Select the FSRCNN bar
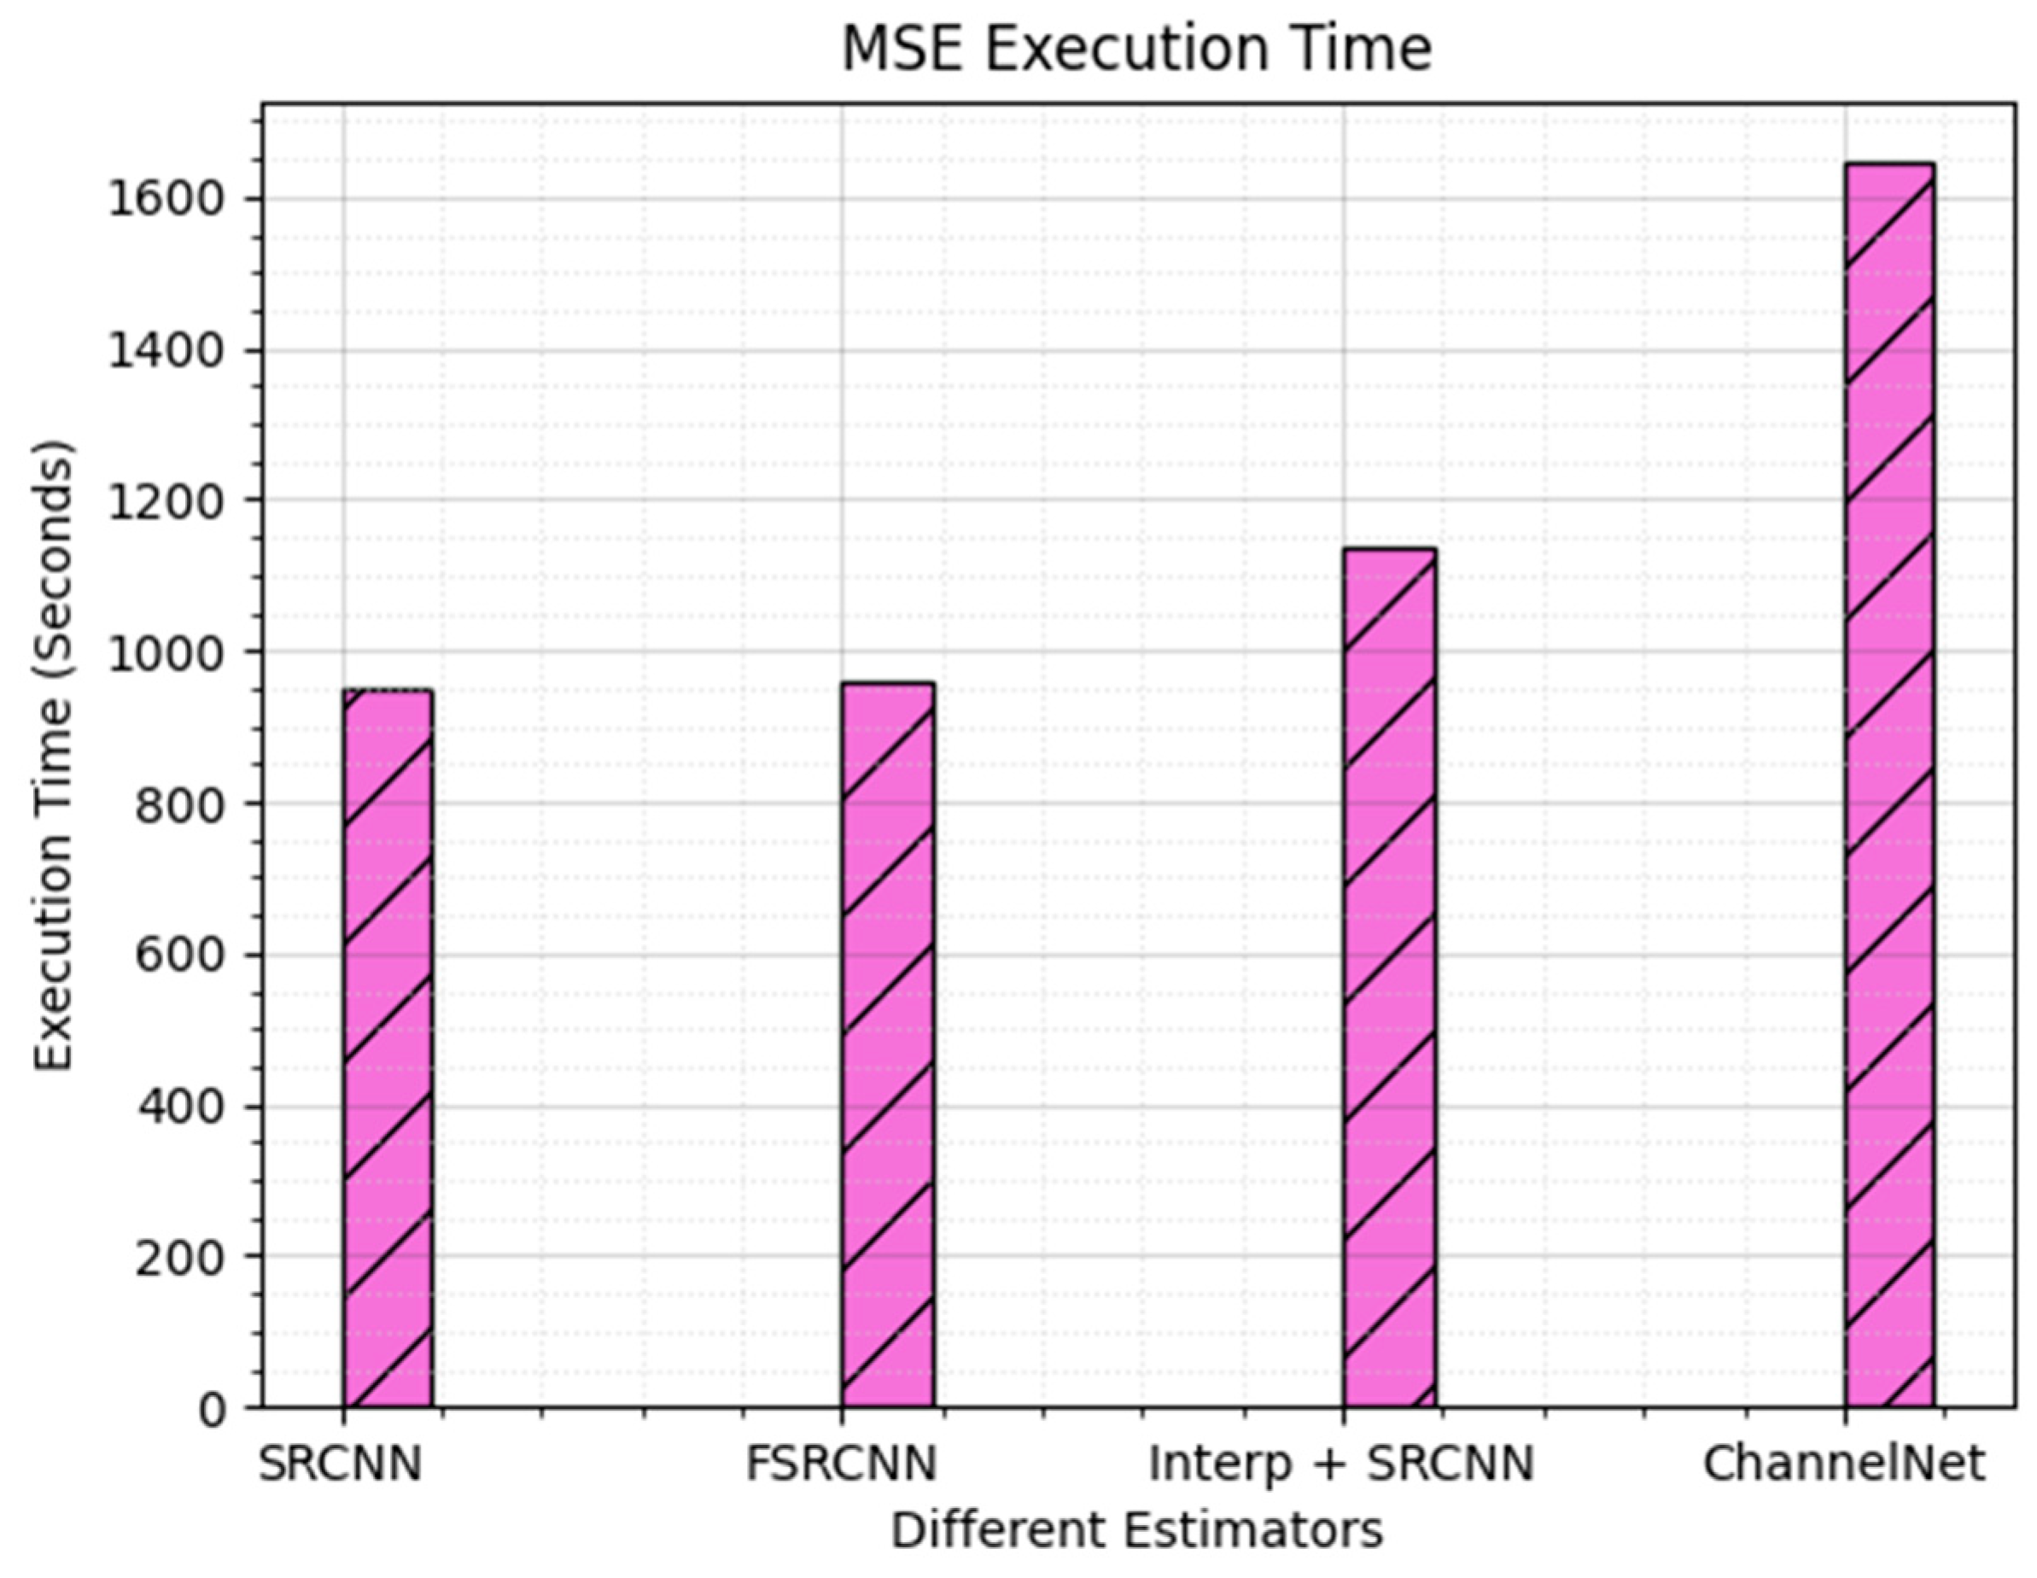pos(888,1043)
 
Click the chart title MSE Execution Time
pos(1136,49)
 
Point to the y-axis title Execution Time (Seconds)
pos(53,757)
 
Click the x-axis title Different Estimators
pos(1136,1530)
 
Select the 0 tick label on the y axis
pos(213,1409)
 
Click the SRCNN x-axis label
pos(341,1464)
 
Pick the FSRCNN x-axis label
pos(841,1464)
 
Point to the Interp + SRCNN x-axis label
pos(1341,1464)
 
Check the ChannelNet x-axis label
pos(1844,1464)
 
